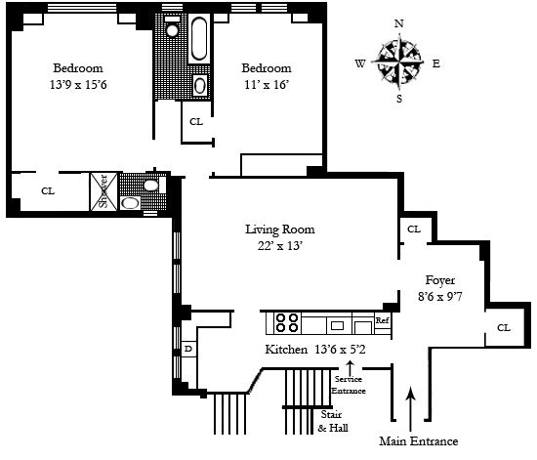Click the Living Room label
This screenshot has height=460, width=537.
pos(280,230)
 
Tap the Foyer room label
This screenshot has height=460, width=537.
pos(440,280)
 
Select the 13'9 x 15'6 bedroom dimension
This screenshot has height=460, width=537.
pos(78,84)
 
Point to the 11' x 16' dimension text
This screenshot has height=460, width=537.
pos(267,84)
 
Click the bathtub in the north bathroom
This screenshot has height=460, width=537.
pos(198,39)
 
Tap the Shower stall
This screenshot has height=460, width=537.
pos(103,191)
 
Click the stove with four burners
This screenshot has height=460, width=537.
pos(287,322)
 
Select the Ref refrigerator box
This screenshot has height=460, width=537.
pos(383,320)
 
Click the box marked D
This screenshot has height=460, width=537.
pos(188,349)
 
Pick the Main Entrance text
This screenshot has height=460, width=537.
pos(419,441)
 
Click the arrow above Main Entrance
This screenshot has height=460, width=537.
pos(411,408)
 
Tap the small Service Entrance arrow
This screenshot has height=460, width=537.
pos(350,368)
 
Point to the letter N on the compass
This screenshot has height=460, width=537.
pos(399,23)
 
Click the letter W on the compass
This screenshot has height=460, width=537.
pos(360,63)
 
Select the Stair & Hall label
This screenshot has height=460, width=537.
pos(333,421)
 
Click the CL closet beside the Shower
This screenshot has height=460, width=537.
pos(48,190)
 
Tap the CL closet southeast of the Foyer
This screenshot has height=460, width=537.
pos(504,328)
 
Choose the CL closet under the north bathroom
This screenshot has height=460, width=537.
pos(196,122)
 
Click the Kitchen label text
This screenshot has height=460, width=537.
pos(286,350)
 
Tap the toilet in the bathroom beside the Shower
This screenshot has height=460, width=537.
pos(151,186)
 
